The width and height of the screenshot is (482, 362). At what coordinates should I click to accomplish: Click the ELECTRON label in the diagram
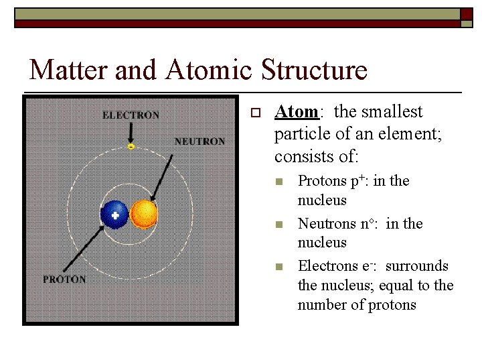click(x=131, y=115)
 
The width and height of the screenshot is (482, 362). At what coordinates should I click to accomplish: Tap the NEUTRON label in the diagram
click(x=199, y=141)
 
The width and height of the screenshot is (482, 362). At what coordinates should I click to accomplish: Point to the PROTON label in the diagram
click(x=64, y=279)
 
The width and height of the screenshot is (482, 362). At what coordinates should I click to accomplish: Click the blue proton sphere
click(x=114, y=215)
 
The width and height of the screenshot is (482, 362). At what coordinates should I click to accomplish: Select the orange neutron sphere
click(x=144, y=215)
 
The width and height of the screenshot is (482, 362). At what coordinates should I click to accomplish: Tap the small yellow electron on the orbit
click(x=131, y=145)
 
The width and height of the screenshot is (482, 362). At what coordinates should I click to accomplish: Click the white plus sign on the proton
click(x=116, y=216)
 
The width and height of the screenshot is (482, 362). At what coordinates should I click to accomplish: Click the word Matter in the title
click(x=62, y=70)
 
